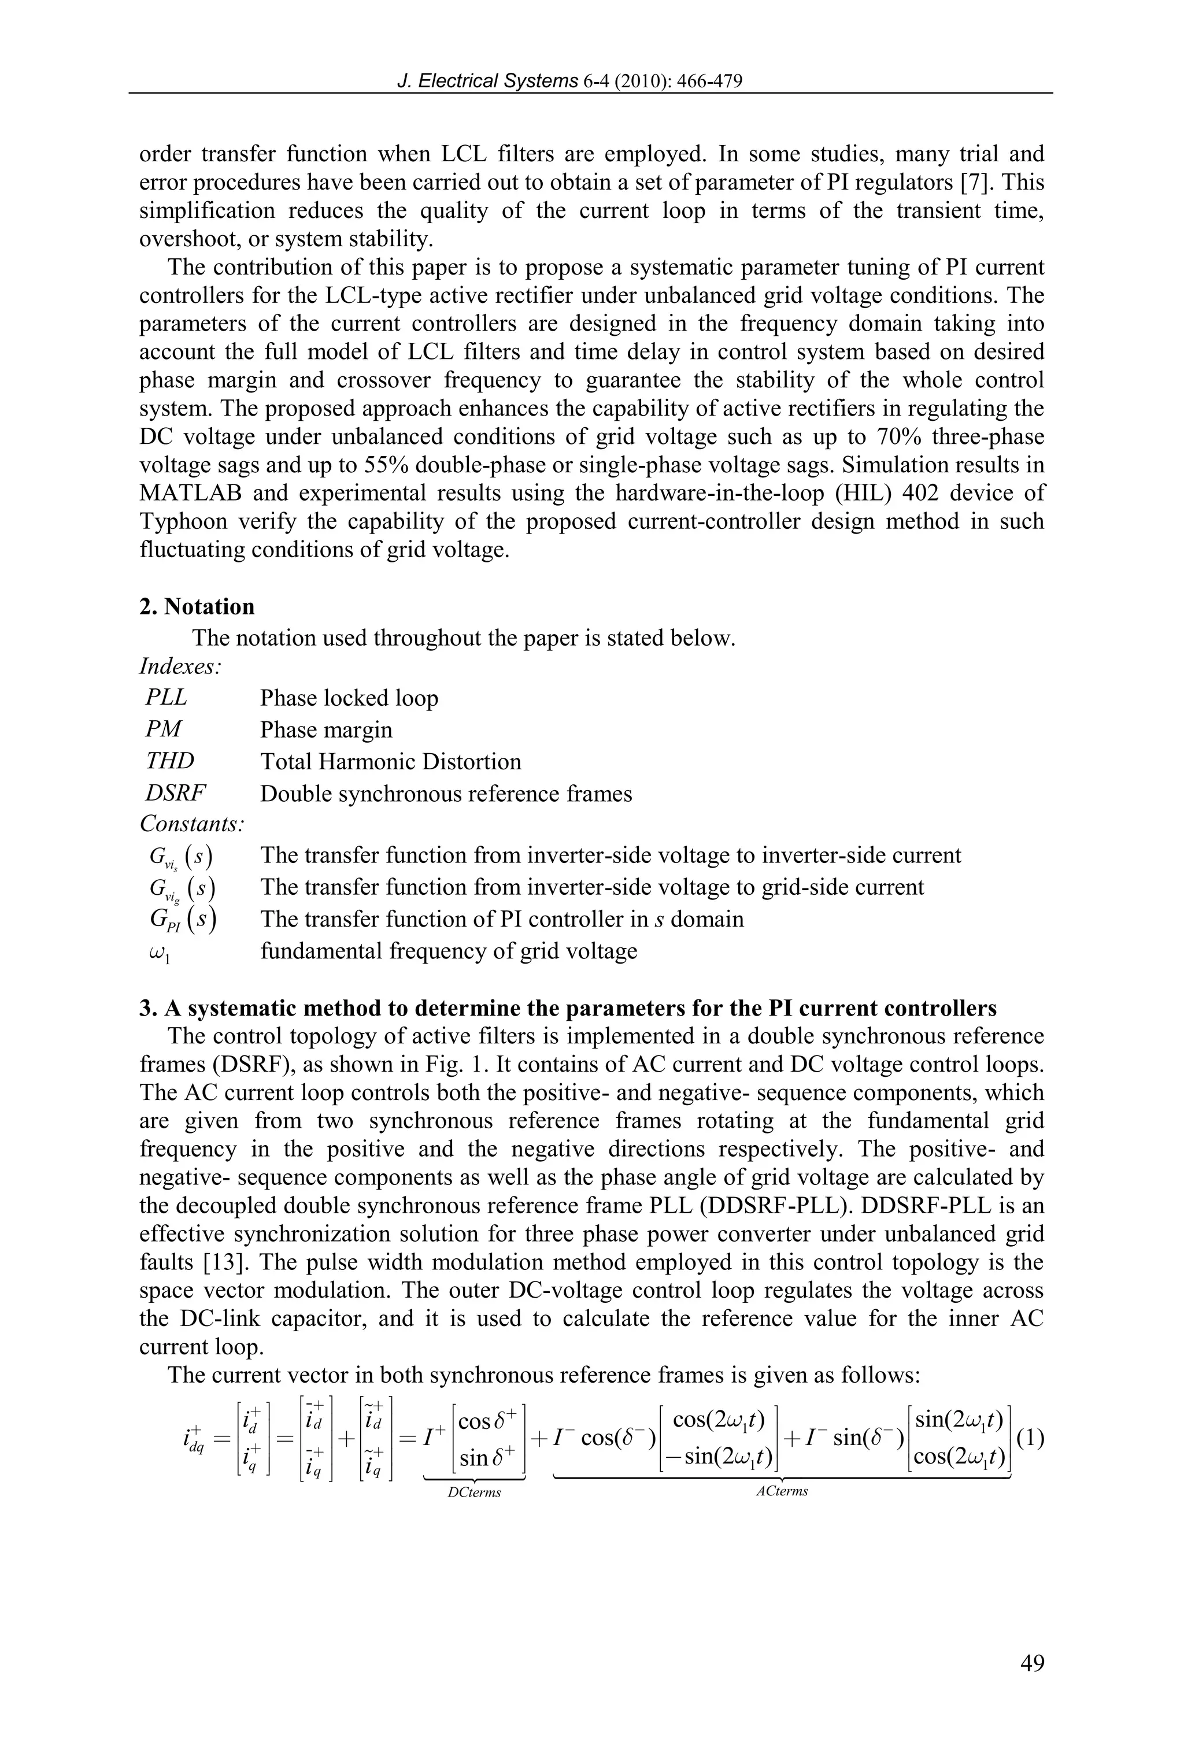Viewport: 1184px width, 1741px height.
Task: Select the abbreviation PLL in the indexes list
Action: tap(165, 698)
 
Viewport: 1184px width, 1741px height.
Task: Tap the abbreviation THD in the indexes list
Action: tap(169, 761)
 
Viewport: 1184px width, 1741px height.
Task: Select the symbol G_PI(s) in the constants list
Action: tap(182, 919)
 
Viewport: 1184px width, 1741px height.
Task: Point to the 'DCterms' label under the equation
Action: tap(473, 1492)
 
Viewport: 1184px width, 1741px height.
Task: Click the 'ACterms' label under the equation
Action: tap(782, 1491)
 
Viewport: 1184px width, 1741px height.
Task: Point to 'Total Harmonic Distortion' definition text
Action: tap(390, 762)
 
